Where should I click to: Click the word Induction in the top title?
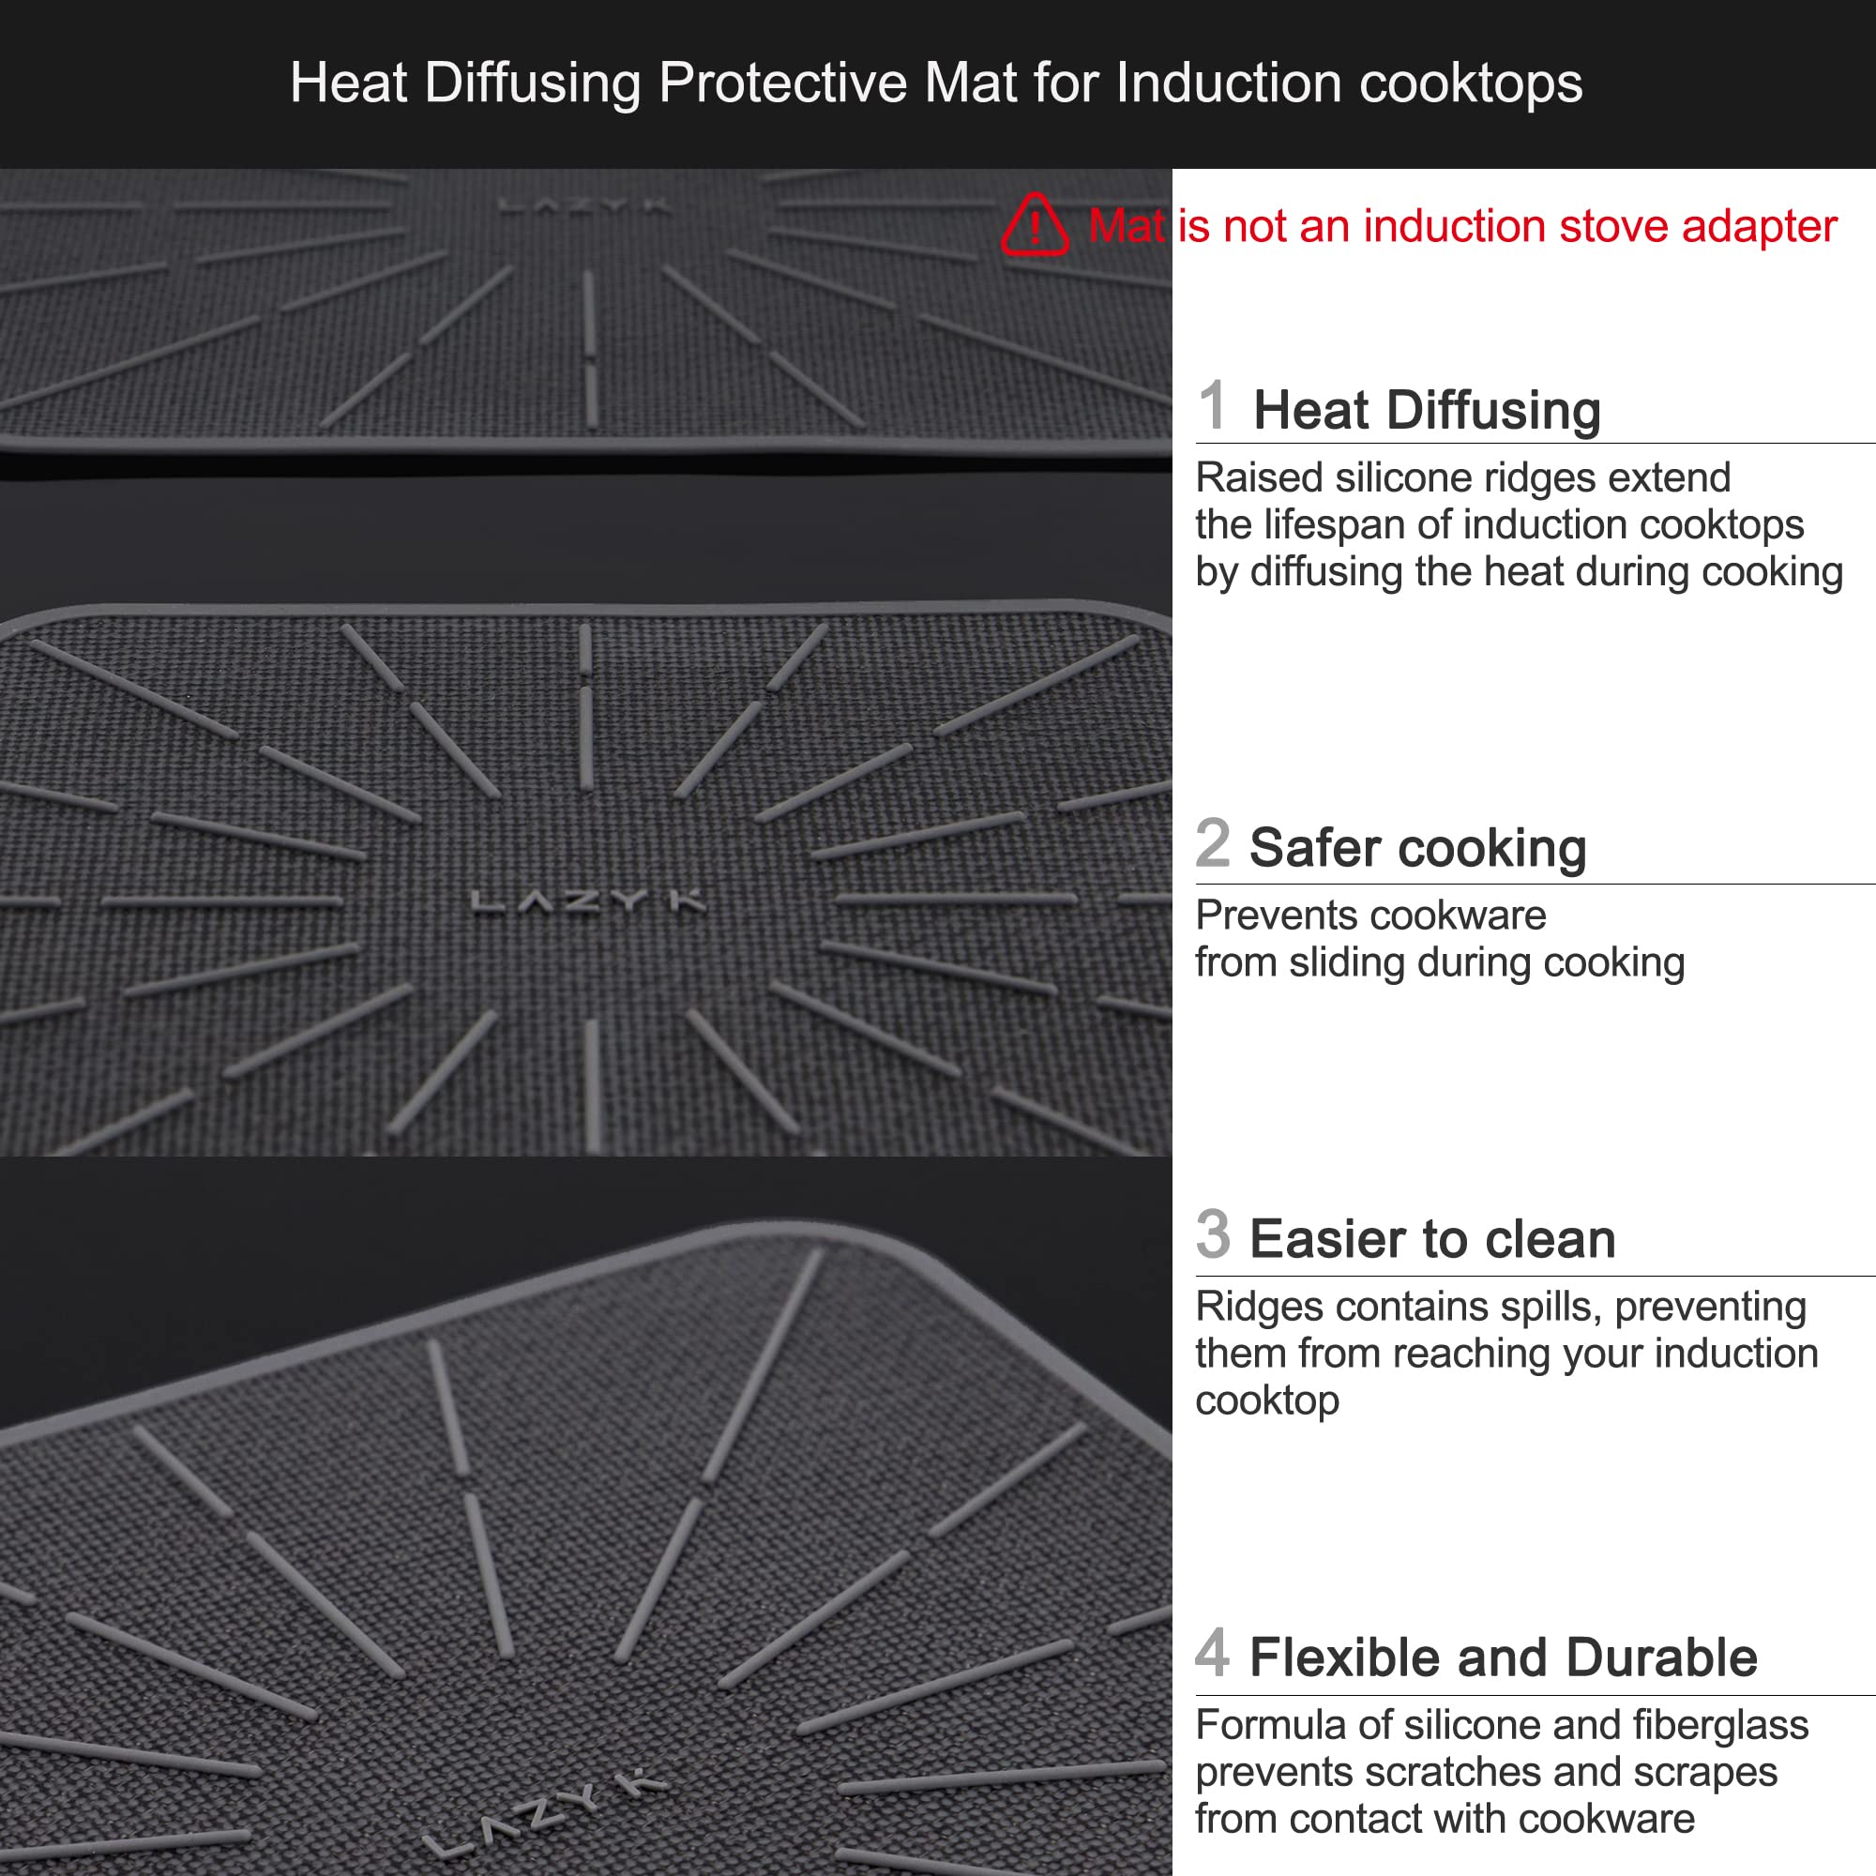coord(1229,83)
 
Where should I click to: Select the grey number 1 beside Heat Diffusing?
coord(1212,405)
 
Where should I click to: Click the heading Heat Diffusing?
coord(1427,410)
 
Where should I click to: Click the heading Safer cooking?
coord(1417,848)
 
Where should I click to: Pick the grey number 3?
coord(1213,1235)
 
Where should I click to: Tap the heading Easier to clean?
coord(1432,1240)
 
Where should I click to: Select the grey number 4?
coord(1213,1653)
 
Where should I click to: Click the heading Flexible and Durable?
coord(1503,1657)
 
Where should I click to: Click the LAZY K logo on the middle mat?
coord(587,902)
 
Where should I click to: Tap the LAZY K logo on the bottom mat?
coord(544,1814)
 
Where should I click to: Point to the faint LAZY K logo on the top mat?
coord(583,205)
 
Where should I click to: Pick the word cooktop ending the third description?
coord(1266,1401)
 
